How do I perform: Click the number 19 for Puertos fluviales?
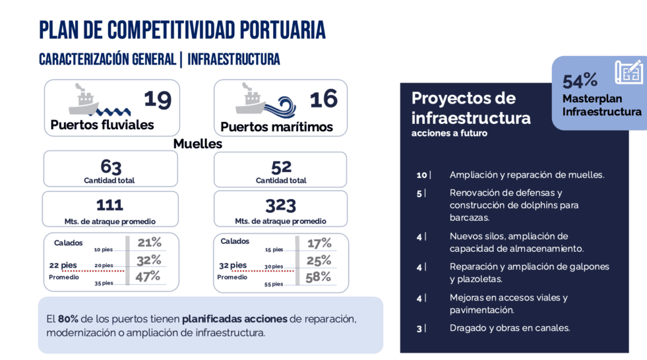coord(158,100)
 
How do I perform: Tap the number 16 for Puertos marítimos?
coord(323,99)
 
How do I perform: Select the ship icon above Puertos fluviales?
coord(84,99)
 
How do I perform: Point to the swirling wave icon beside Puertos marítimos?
coord(280,106)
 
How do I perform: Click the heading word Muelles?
coord(198,144)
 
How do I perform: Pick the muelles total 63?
coord(111,167)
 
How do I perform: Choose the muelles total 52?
coord(282,167)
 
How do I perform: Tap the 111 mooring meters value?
coord(109,205)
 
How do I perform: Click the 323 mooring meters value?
coord(280,205)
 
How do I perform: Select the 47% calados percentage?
coord(148,276)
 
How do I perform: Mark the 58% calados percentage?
coord(318,277)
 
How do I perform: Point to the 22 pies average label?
coord(63,265)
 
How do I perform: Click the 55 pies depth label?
coord(274,284)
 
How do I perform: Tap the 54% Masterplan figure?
coord(580,81)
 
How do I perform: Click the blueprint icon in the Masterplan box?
coord(629,72)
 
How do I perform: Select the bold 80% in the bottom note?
coord(68,318)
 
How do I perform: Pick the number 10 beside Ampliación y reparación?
coord(421,175)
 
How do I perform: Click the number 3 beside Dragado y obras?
coord(419,328)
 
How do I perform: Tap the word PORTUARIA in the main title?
coord(283,30)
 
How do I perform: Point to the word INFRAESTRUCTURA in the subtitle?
coord(233,59)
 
